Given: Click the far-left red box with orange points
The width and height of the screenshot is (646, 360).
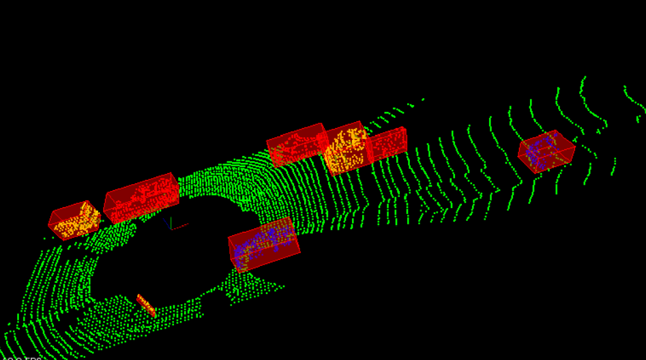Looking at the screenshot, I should point(74,220).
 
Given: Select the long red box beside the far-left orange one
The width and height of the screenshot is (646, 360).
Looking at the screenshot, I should point(141,198).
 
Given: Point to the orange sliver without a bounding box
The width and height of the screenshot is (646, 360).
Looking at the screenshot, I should point(146,305).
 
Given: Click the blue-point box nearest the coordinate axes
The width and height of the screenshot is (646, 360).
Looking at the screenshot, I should point(263,244).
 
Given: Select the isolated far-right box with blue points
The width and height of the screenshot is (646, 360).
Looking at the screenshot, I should point(546,151).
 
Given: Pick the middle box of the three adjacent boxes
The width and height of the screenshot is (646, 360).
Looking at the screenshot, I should point(346,151).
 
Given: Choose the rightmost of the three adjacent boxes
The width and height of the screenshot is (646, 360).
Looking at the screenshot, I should point(387,144).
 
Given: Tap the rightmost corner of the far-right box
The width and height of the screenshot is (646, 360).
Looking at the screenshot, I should point(575,146).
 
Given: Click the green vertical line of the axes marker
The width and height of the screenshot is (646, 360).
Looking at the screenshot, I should point(171,222).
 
